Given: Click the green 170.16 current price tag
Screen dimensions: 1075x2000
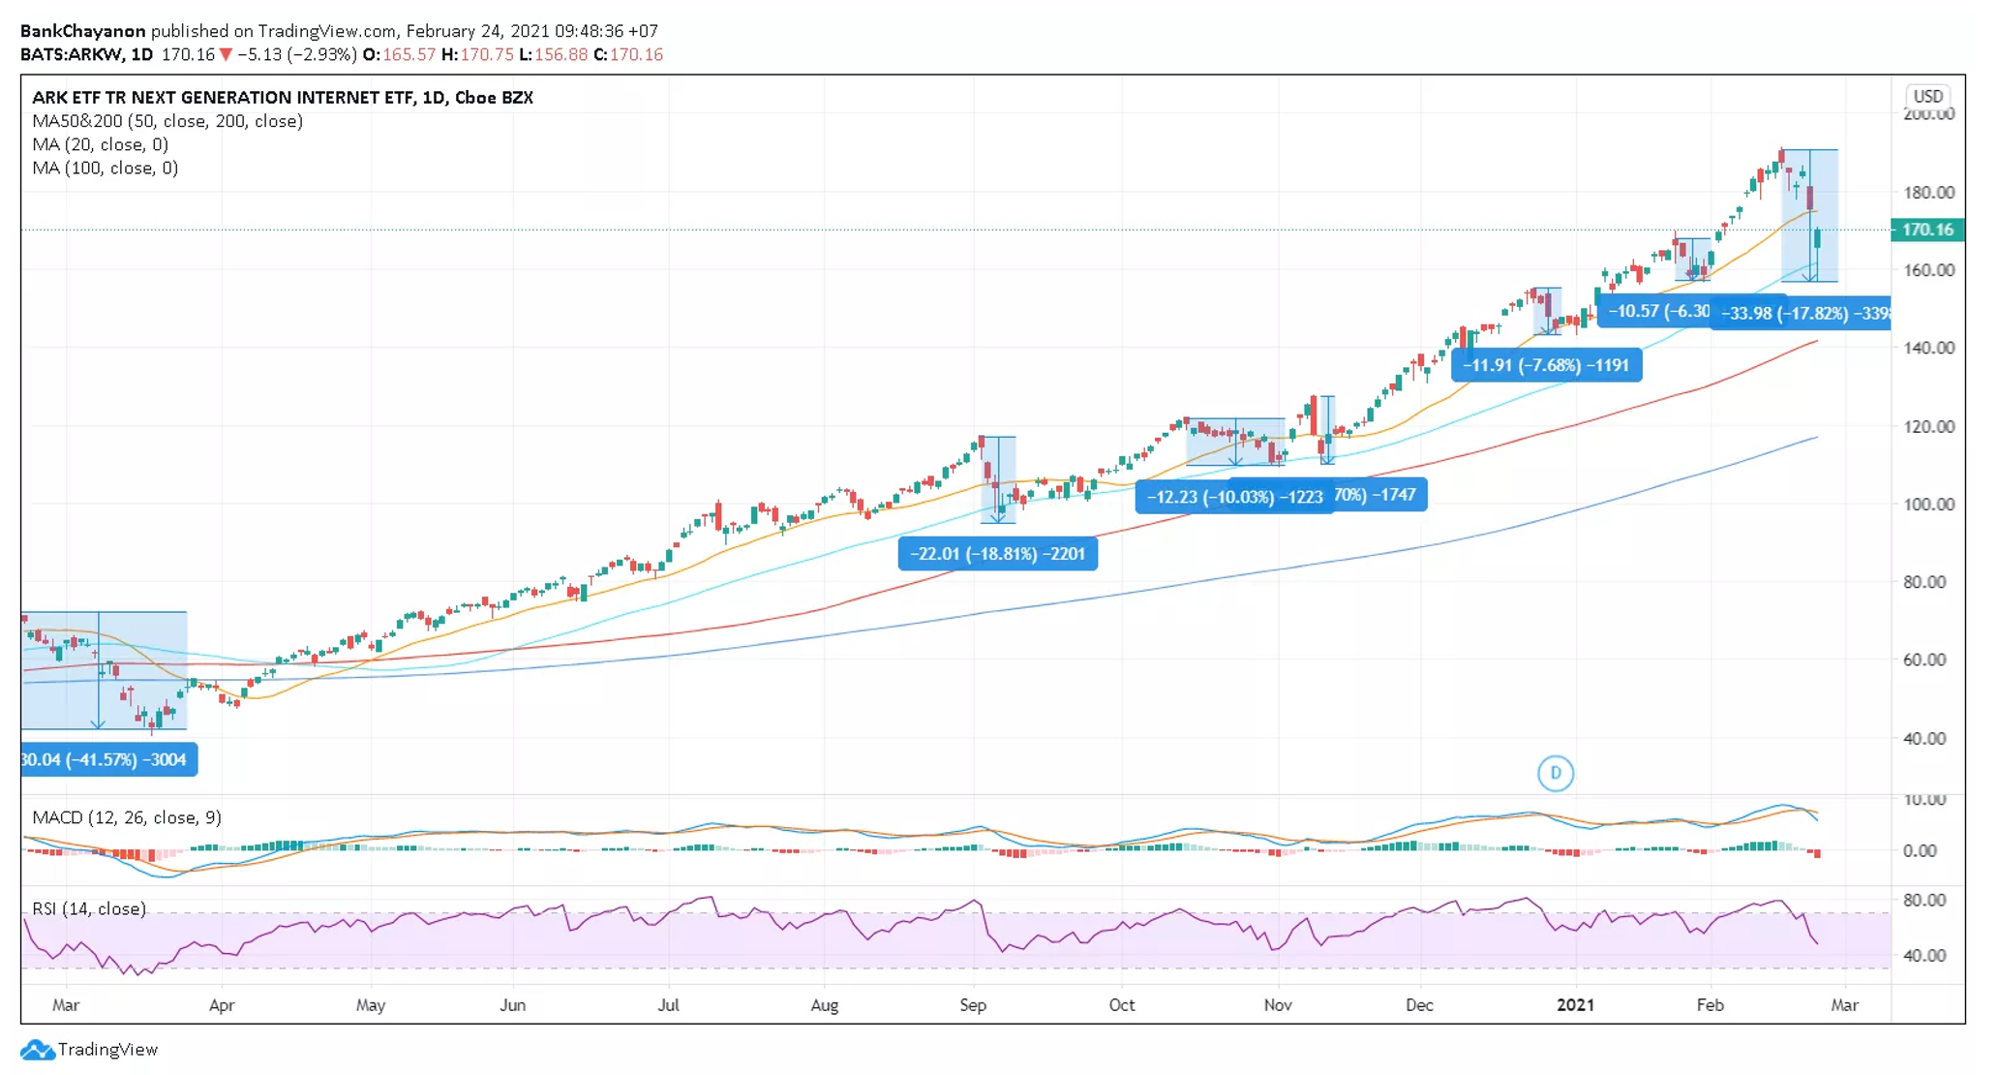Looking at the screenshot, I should coord(1926,230).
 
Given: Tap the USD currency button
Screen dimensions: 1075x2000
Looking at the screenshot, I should coord(1927,96).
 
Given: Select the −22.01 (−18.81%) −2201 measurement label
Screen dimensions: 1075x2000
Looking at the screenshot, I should coord(997,554).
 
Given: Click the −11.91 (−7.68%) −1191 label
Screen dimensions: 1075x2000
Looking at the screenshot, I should coord(1546,365).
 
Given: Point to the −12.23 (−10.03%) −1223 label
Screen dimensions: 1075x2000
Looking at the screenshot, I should coord(1233,497).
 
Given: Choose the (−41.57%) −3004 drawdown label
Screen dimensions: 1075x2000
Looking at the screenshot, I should coord(107,759).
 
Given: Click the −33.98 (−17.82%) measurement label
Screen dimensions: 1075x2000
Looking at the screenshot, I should coord(1801,313).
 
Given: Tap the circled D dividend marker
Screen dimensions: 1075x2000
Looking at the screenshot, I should coord(1555,773).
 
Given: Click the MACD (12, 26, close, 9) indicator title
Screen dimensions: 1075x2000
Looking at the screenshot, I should coord(127,817).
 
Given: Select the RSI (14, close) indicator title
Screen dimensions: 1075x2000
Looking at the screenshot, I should coord(89,908).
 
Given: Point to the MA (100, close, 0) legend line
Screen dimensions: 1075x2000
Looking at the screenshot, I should coord(105,168).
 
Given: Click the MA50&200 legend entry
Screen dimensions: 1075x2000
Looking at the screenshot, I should coord(167,121).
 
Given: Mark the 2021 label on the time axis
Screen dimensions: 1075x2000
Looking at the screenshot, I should coord(1575,1004).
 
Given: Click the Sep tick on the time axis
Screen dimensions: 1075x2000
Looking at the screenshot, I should coord(973,1004).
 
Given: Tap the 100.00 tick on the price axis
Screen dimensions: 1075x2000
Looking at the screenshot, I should coord(1928,504).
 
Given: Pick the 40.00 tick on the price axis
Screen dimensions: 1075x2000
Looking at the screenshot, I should coord(1928,738).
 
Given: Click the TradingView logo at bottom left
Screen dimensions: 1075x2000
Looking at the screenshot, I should coord(89,1049).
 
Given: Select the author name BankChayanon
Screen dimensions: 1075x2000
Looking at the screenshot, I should coord(82,31).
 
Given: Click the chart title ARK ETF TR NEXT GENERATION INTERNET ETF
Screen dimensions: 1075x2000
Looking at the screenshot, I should coord(282,97).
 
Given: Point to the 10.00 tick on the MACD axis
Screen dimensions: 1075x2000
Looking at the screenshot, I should coord(1924,799).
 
